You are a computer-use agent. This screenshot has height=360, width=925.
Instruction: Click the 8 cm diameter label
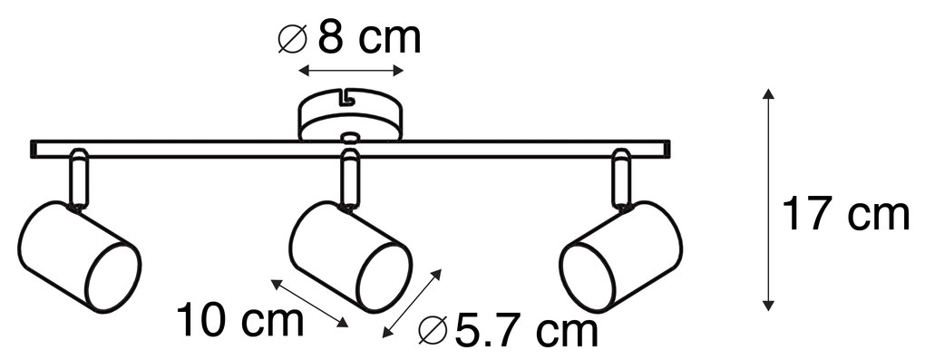350,38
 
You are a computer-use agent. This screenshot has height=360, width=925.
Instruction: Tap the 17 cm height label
845,215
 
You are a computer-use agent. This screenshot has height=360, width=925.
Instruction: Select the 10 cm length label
240,320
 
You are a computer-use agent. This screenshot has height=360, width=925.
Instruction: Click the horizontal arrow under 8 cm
351,71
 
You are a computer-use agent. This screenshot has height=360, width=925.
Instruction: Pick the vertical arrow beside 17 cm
767,199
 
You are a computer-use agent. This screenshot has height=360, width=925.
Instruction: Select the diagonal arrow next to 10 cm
309,302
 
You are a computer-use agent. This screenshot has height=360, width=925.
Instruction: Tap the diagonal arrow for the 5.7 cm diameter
412,304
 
